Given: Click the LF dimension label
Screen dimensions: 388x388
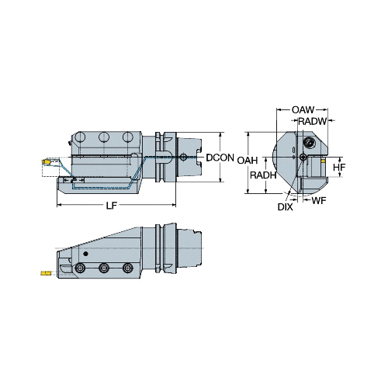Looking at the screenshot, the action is [112, 206].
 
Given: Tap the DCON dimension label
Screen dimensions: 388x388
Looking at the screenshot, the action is [220, 158].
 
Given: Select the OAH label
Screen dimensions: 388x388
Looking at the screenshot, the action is [248, 161].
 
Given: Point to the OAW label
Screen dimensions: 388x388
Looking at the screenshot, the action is [303, 110].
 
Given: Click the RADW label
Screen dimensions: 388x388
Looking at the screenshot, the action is [312, 121].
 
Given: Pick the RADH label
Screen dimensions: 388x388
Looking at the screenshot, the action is [263, 175].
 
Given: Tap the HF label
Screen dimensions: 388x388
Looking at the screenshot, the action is [339, 168].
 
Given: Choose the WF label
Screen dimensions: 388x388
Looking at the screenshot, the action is [319, 200].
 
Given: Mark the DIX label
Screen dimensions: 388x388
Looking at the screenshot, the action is [286, 207].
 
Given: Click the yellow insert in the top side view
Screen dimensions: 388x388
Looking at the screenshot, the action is [45, 161].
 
